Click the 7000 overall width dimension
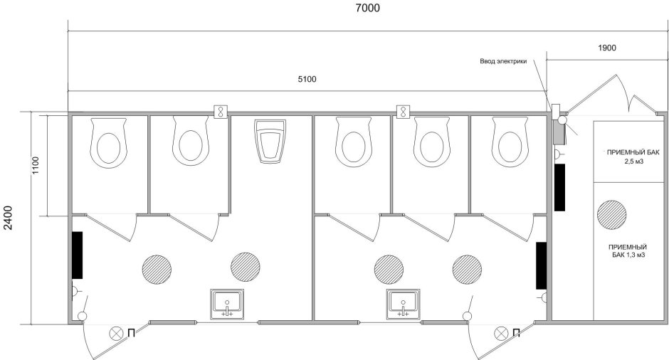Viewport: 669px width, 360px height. [367, 8]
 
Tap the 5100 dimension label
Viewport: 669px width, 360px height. [307, 79]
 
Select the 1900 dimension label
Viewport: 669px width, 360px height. [606, 48]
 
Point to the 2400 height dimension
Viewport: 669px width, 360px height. [8, 218]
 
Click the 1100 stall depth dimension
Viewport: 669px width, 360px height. [35, 165]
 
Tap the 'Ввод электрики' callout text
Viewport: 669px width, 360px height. [503, 61]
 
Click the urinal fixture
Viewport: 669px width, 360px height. [270, 141]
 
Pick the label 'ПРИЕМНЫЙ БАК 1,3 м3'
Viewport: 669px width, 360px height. [627, 251]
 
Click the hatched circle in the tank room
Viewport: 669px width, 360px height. [612, 215]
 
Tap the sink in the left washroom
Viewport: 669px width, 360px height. [228, 304]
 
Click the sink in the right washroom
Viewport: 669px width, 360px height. [404, 304]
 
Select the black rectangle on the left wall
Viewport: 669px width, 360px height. [78, 255]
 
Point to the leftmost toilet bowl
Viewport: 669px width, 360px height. [108, 143]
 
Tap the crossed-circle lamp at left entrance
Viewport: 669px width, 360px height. [115, 333]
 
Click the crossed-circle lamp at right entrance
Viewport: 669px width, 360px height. [501, 333]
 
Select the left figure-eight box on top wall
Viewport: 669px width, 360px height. [221, 112]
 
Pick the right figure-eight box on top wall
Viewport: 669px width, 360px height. [404, 112]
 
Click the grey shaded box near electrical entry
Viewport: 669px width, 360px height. [559, 132]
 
